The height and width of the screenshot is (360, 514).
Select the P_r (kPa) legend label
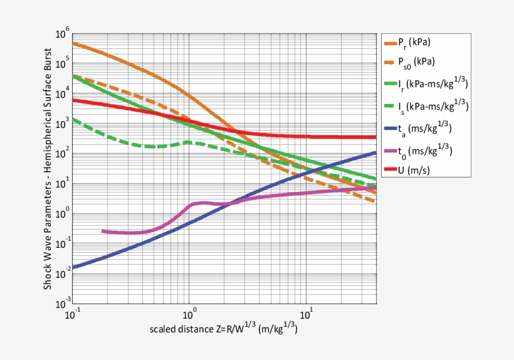coord(414,42)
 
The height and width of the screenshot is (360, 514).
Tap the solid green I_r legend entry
coord(433,83)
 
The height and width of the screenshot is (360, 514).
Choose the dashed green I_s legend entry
coord(433,106)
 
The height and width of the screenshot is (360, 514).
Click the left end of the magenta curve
coord(103,231)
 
